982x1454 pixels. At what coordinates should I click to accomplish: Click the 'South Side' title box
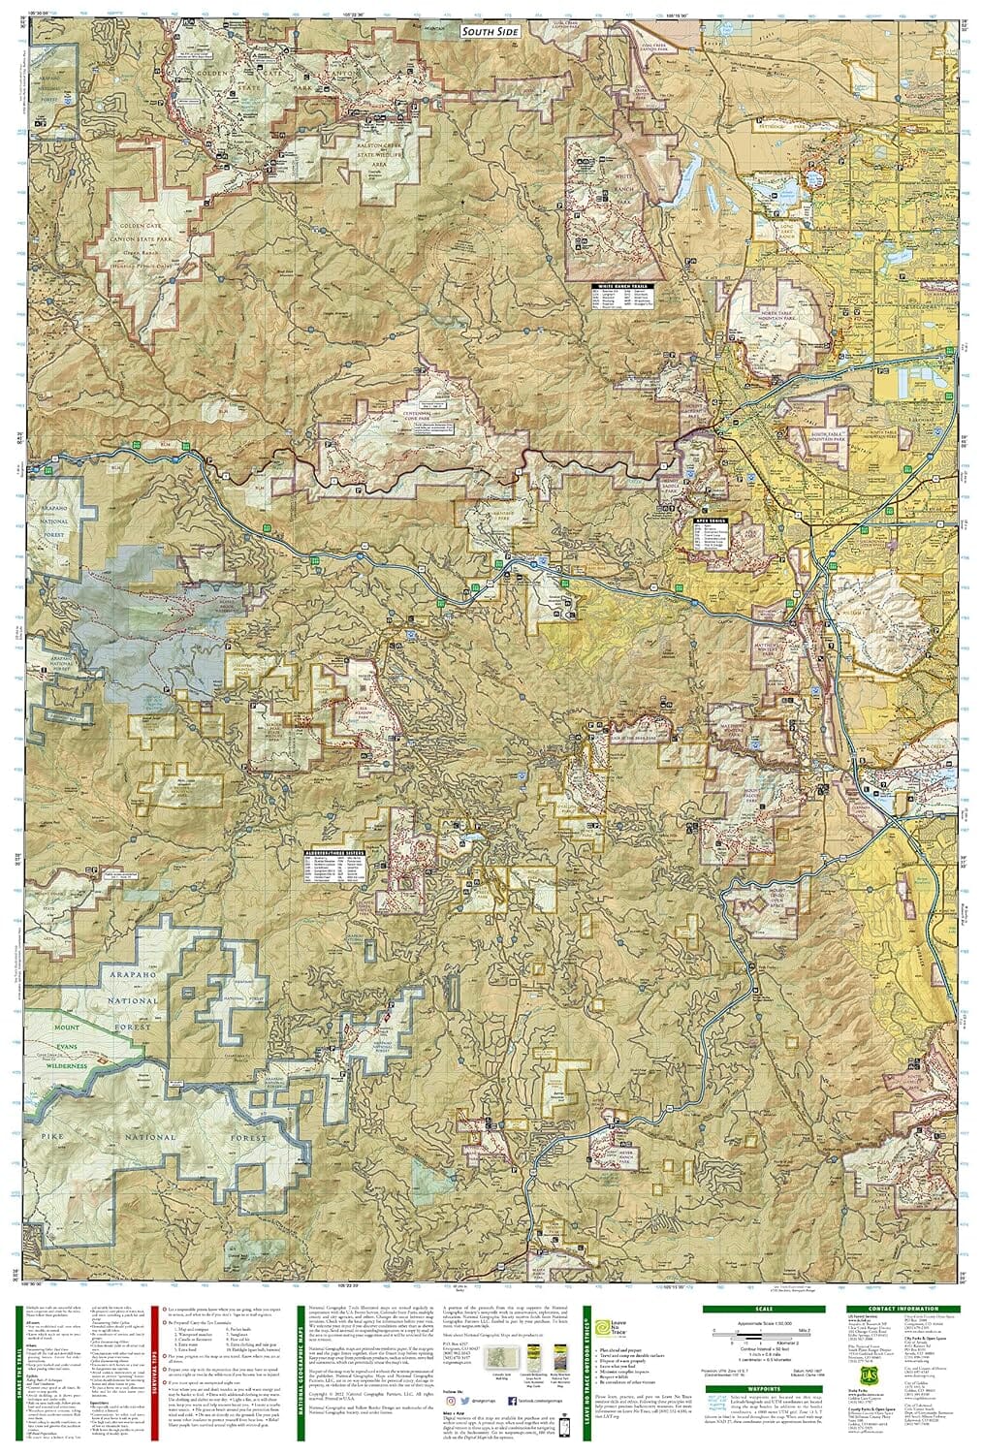tap(491, 31)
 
